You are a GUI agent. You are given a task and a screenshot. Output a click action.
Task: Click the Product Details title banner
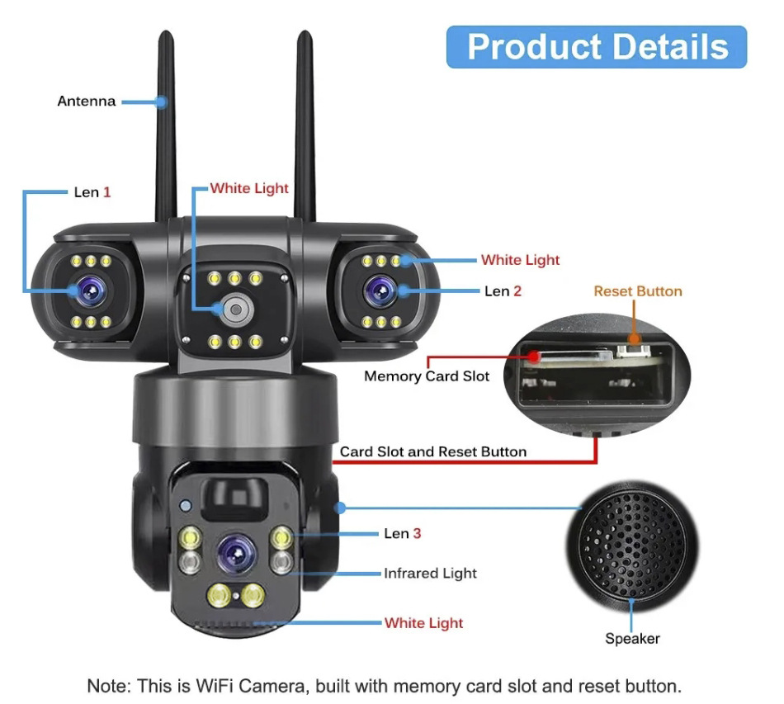[597, 46]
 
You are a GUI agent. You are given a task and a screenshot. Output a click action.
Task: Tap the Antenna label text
[87, 101]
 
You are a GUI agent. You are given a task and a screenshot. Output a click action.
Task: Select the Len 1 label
[92, 192]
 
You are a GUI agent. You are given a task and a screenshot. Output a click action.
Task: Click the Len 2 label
[503, 291]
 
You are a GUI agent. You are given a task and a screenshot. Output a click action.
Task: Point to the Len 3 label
[403, 533]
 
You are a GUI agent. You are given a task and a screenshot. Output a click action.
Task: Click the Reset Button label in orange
[637, 291]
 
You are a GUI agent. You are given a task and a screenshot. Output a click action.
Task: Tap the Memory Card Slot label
[427, 376]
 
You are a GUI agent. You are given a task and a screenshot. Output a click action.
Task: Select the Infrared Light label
[430, 573]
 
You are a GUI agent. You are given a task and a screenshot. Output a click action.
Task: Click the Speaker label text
[632, 639]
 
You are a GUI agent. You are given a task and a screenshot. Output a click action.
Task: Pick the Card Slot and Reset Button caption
[433, 451]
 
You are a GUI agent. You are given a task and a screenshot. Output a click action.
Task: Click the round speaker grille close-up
[632, 546]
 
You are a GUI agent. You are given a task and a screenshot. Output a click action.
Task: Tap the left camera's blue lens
[91, 291]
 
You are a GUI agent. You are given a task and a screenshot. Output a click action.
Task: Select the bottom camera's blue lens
[237, 554]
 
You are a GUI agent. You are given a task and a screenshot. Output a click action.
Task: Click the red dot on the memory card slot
[534, 357]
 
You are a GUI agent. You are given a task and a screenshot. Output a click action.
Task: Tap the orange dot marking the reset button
[634, 339]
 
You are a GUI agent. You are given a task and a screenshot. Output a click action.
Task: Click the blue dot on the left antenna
[161, 102]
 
